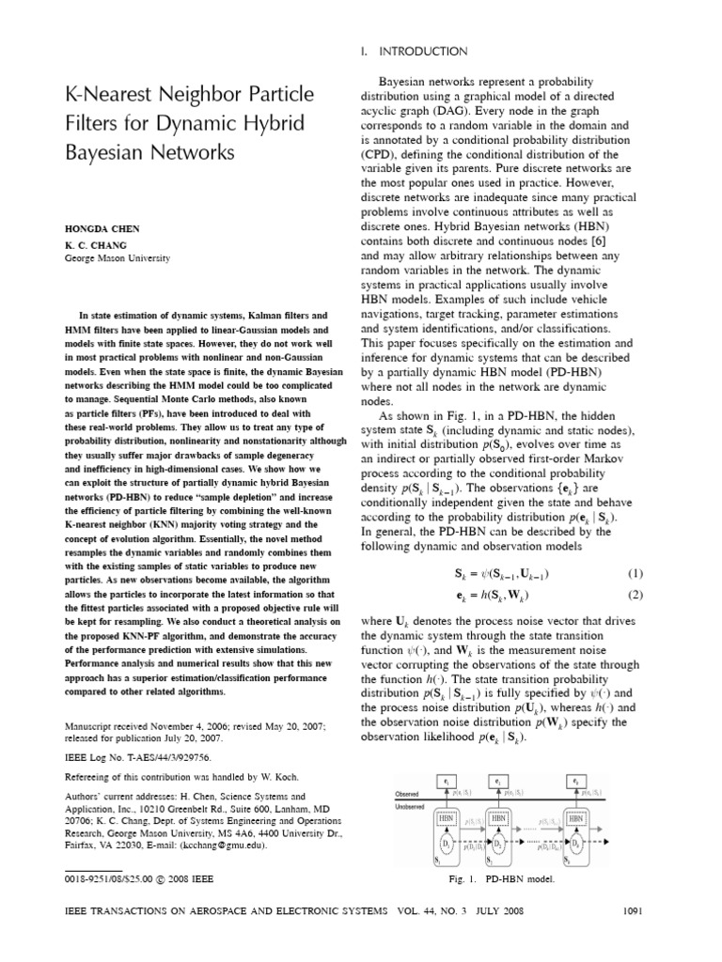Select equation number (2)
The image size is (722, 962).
click(x=635, y=594)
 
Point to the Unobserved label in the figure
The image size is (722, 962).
click(x=410, y=805)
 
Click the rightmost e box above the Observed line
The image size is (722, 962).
click(x=575, y=781)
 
